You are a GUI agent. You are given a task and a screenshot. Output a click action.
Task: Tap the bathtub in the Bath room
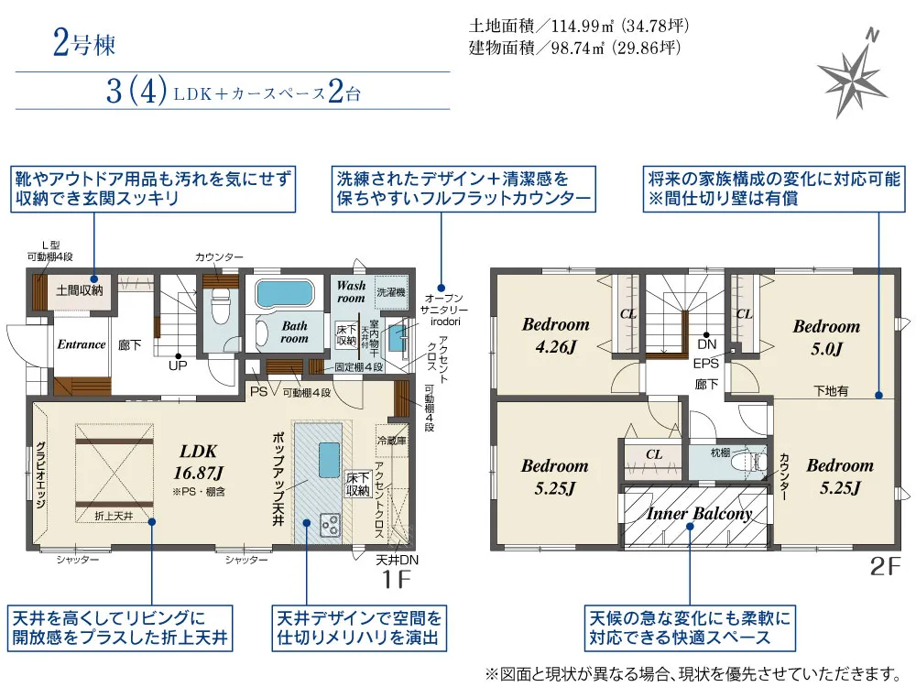tap(285, 293)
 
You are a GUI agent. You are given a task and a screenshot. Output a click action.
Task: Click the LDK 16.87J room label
tap(199, 462)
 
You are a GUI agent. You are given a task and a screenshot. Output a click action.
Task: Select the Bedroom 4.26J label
tap(556, 335)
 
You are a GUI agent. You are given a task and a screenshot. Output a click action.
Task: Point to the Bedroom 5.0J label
tap(826, 338)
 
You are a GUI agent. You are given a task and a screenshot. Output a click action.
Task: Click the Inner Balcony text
tap(699, 514)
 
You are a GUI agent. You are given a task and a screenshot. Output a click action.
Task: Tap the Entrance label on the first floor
tap(82, 344)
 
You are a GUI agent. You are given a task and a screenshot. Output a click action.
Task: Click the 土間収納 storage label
tap(80, 289)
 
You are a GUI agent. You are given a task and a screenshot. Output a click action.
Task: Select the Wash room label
tap(351, 291)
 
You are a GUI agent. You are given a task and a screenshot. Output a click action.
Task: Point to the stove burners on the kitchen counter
tap(330, 524)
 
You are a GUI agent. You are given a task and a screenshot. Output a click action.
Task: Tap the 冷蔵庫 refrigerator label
tap(391, 441)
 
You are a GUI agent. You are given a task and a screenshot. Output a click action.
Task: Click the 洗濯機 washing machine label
tap(391, 291)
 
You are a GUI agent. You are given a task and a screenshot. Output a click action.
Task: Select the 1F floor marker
tap(396, 579)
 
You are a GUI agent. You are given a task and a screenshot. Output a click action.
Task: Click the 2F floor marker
tap(886, 566)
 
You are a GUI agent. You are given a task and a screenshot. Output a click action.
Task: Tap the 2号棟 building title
tap(84, 43)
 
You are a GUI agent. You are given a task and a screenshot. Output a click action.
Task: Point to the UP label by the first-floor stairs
tap(178, 365)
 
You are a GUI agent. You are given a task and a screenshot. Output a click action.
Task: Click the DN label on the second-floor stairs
tap(707, 344)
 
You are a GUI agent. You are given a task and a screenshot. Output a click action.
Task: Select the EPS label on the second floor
tap(705, 364)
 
